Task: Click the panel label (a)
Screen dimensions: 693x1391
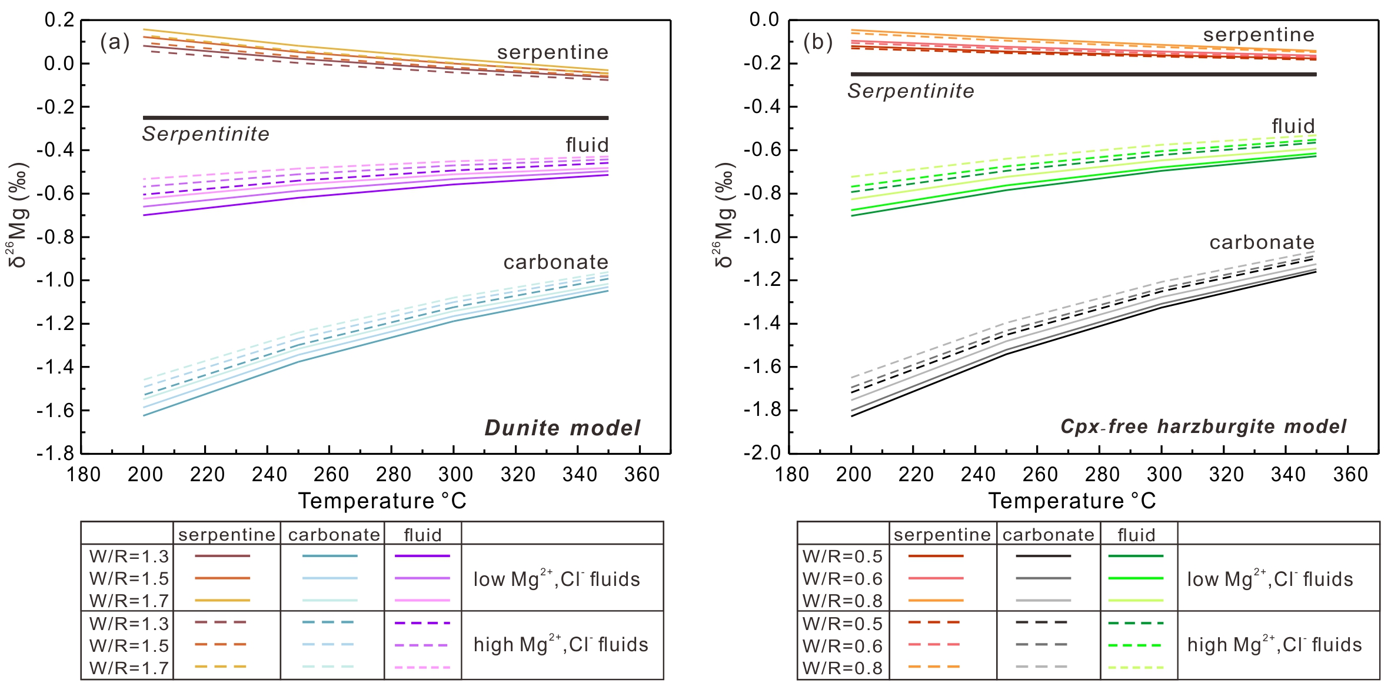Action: click(x=115, y=42)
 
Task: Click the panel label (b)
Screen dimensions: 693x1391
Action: click(x=818, y=42)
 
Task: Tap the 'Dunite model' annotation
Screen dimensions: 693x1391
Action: click(x=562, y=428)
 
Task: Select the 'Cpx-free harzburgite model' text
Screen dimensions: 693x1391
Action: click(x=1203, y=427)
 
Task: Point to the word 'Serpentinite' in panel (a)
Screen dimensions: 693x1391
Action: click(x=205, y=134)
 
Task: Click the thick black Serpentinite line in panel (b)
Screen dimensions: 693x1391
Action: click(x=1083, y=74)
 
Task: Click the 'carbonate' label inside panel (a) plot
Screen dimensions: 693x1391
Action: click(x=555, y=262)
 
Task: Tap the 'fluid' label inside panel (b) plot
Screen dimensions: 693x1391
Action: click(x=1293, y=126)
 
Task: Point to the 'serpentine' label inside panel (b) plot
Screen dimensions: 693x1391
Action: click(x=1259, y=35)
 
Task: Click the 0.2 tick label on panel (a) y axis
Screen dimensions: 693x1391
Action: click(x=59, y=20)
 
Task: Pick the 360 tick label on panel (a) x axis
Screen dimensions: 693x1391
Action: click(x=641, y=474)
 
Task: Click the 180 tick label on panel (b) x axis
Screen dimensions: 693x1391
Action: click(x=791, y=474)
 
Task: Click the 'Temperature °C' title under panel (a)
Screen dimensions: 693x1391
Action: click(x=382, y=501)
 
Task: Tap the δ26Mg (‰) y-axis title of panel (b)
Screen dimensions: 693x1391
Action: click(x=725, y=215)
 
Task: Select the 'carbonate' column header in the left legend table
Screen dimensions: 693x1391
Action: click(x=334, y=535)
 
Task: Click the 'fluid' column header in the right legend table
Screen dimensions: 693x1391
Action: click(x=1136, y=535)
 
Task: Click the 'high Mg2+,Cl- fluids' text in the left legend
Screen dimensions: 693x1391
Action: click(x=561, y=644)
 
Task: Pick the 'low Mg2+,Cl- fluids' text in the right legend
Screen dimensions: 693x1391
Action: click(x=1270, y=579)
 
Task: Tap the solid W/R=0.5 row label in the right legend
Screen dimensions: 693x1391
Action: click(x=842, y=556)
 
